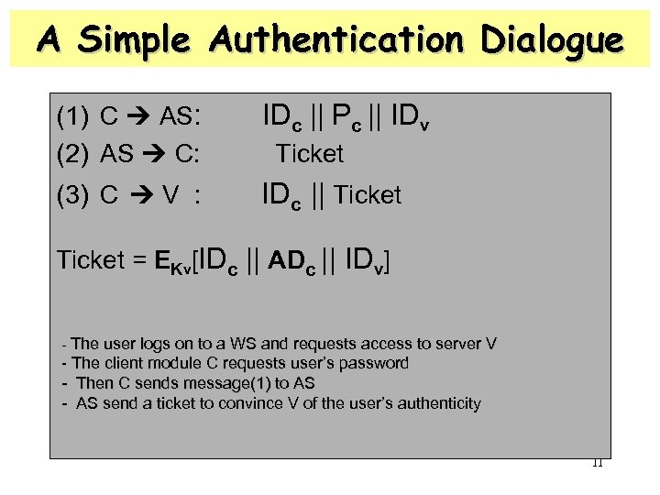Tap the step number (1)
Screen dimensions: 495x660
tap(72, 116)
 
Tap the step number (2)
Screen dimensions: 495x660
tap(72, 154)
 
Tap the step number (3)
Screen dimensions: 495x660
tap(72, 195)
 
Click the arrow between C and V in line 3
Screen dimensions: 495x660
tap(144, 195)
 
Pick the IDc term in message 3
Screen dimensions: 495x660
tap(284, 195)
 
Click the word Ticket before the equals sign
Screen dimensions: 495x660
tap(88, 260)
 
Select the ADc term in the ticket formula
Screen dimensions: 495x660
tap(299, 261)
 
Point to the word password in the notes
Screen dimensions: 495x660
tap(370, 363)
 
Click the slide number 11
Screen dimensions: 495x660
tap(597, 462)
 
